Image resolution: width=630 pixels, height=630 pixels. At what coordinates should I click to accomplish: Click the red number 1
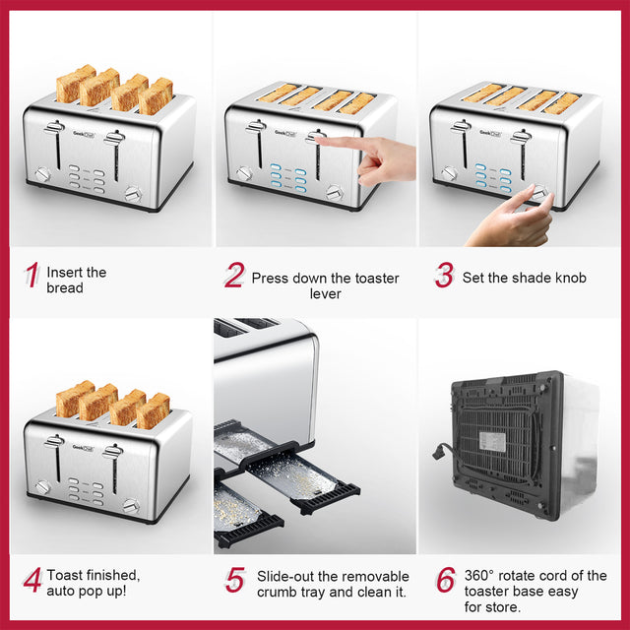32,279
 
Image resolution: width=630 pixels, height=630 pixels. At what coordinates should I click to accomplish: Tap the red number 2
233,277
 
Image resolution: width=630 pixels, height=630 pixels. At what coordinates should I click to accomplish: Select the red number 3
444,277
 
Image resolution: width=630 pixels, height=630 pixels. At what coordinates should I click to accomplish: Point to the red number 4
32,581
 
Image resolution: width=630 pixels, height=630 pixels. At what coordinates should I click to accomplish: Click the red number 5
234,581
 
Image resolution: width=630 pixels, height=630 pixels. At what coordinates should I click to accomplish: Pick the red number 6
446,581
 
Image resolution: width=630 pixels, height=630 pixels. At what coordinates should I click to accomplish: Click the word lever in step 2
325,294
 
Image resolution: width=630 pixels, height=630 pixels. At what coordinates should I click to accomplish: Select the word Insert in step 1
65,272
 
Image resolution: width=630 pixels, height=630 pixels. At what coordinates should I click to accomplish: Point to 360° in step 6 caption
485,576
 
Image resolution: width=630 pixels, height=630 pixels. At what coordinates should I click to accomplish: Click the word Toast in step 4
66,575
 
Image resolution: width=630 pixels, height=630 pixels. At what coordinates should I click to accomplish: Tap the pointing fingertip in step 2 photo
323,142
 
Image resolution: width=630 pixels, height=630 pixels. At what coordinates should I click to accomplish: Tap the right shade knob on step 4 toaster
131,506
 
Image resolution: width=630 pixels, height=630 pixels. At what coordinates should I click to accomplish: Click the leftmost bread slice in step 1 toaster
75,85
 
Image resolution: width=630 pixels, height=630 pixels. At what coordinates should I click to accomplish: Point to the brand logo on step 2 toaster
282,130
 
